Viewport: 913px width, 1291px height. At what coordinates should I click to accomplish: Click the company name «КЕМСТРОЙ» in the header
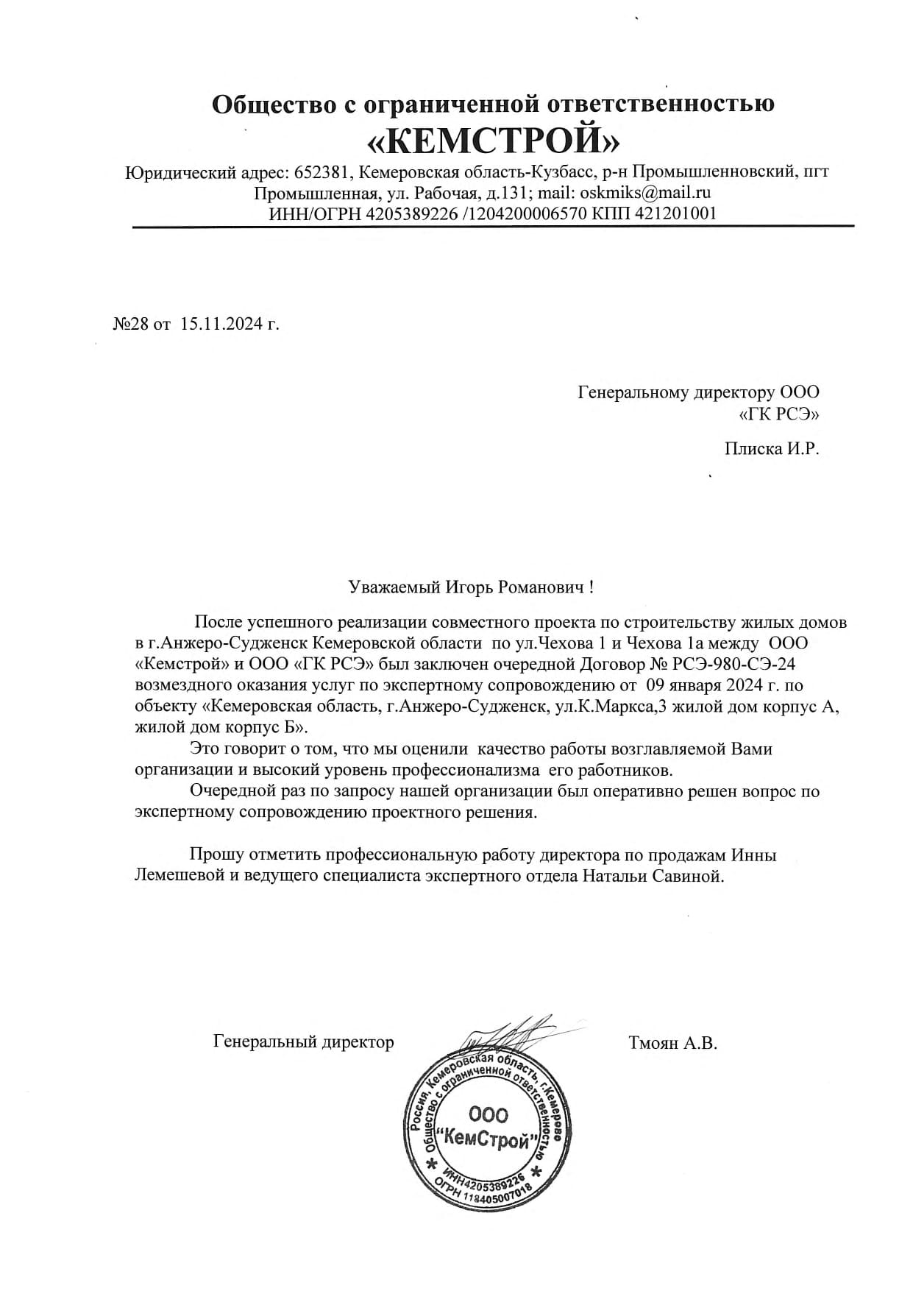click(x=492, y=140)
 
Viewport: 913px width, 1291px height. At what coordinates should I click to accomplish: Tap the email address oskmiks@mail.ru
click(x=645, y=193)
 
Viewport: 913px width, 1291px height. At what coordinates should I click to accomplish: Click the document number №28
click(x=130, y=324)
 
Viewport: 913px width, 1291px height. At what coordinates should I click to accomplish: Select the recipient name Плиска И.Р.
click(x=771, y=448)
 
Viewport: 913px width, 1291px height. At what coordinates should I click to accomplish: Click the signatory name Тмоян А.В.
click(x=672, y=1042)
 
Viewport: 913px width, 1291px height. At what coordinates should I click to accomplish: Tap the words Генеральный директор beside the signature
click(x=303, y=1042)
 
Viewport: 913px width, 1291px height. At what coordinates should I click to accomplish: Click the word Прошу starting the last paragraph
click(x=217, y=855)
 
